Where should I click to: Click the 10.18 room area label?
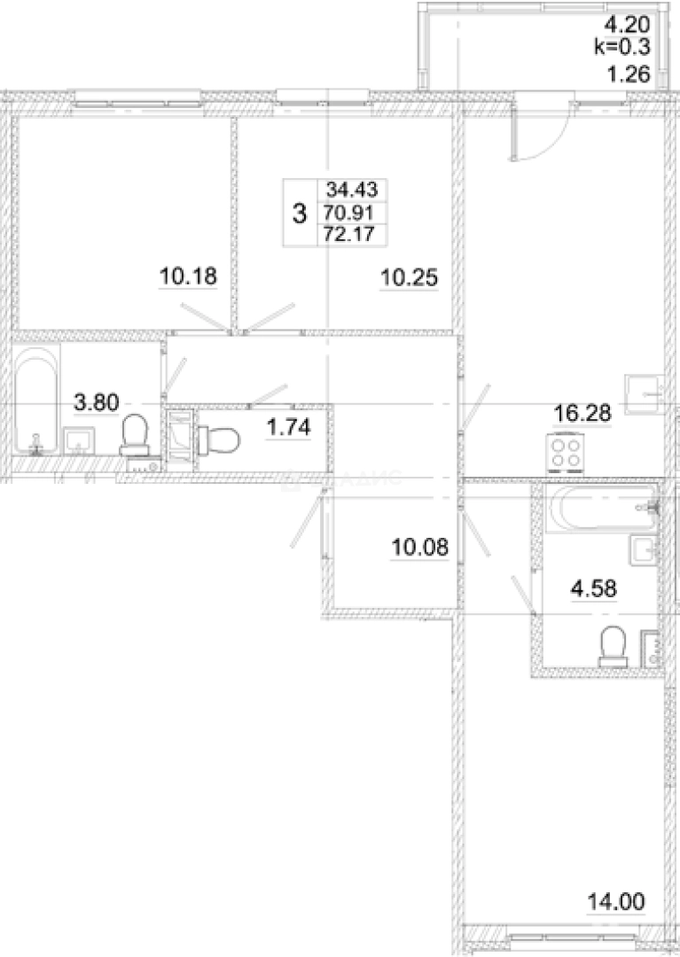point(188,277)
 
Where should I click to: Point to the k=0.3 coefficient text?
point(621,50)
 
